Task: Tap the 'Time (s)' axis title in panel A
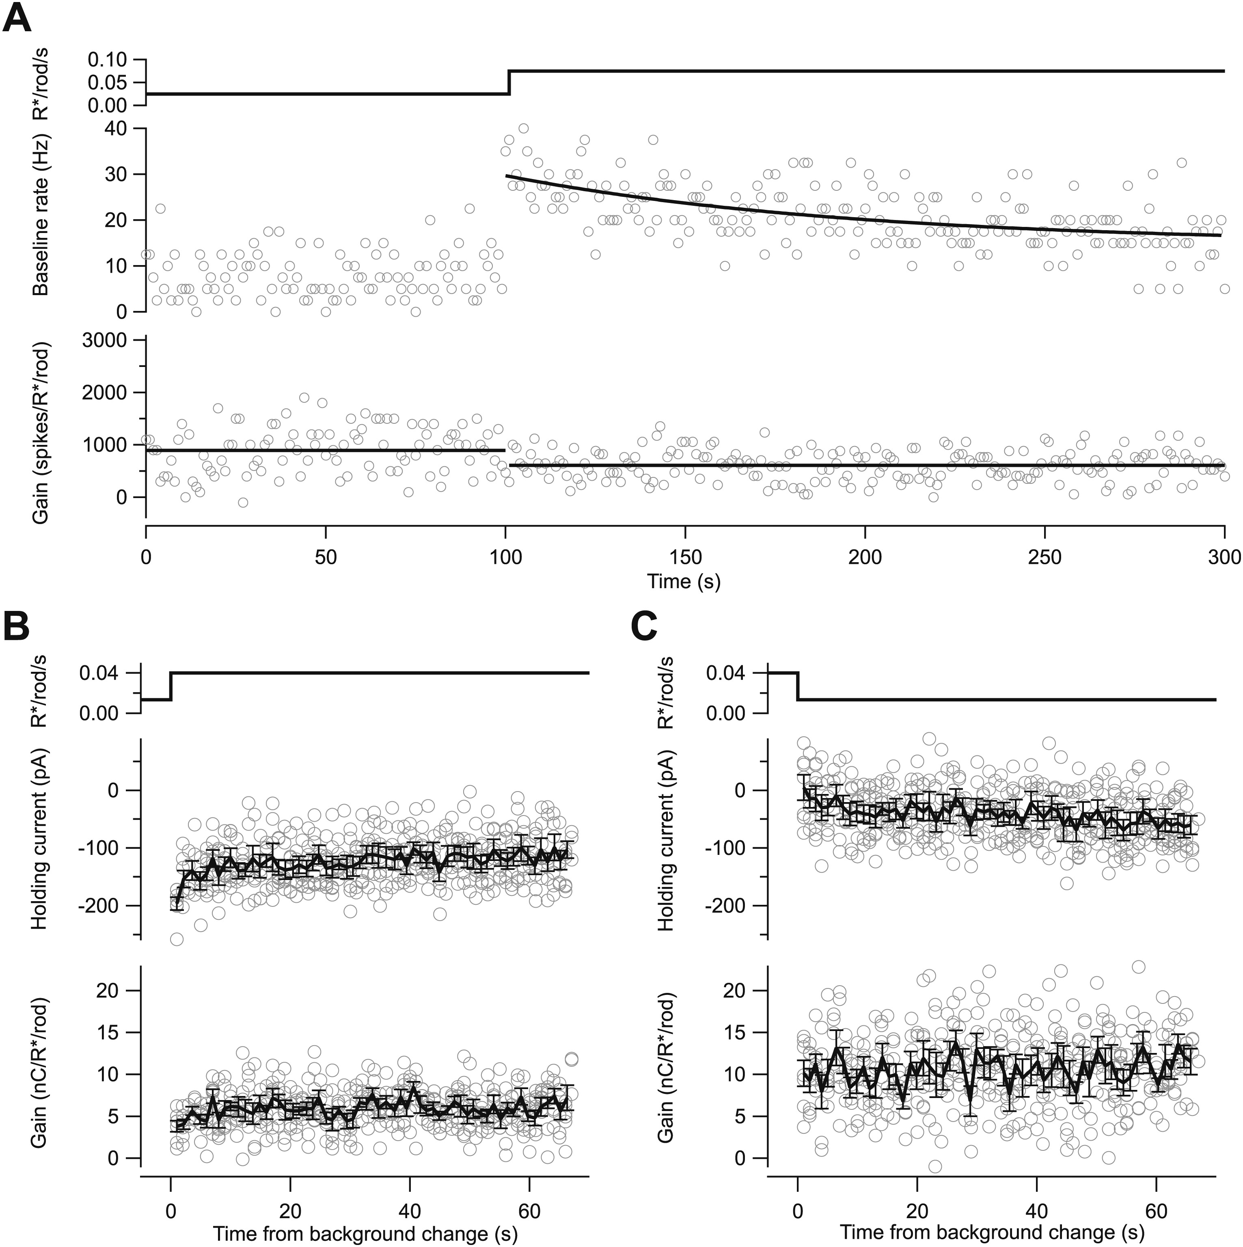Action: tap(684, 582)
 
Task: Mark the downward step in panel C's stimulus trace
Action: tap(798, 686)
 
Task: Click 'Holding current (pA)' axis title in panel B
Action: tap(40, 839)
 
